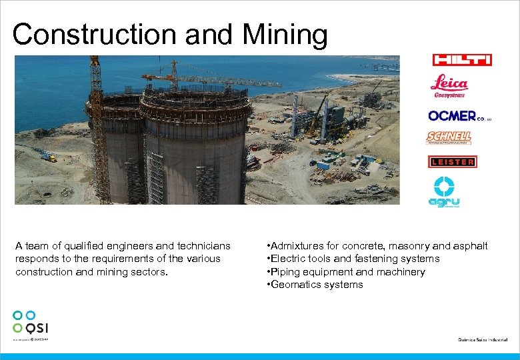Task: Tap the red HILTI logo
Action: pos(462,60)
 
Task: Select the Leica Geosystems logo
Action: pos(449,87)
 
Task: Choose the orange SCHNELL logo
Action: pos(449,137)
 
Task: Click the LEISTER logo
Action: pos(452,161)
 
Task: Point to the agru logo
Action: pos(444,193)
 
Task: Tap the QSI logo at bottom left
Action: pos(30,324)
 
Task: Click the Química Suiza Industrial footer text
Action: pos(483,339)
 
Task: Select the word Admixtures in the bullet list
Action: pos(297,246)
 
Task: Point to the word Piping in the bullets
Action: pos(285,272)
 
